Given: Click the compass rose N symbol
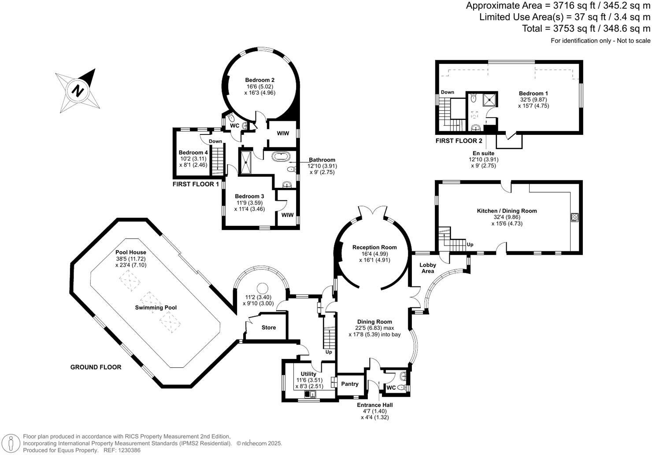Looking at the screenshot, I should point(78,90).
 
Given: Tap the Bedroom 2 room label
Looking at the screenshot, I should point(260,80).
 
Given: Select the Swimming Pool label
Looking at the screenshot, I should point(156,307).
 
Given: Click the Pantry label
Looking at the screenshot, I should point(350,384).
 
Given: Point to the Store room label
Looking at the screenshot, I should point(269,328).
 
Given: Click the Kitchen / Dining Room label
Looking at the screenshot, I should point(507,211).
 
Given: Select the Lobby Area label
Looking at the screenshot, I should point(428,268).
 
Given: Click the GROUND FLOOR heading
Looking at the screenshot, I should point(96,367).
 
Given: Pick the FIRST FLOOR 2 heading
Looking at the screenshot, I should point(459,141).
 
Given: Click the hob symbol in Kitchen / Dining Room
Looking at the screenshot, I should point(574,217).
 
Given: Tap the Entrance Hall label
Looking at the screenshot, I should point(375,405).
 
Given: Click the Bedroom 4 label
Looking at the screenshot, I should point(193,153).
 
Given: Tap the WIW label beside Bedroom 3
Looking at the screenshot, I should point(287,215).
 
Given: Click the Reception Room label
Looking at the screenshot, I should point(374,247).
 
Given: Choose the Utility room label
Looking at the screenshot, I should point(309,374).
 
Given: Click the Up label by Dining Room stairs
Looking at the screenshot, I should point(329,352).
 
